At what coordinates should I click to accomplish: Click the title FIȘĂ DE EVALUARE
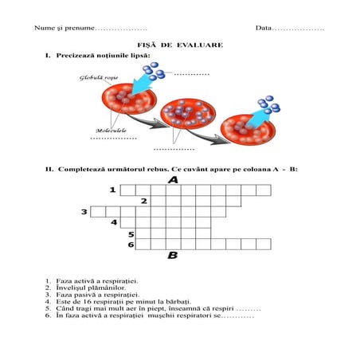(180, 45)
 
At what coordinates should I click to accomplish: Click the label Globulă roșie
(99, 78)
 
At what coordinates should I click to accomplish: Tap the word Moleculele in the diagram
(111, 131)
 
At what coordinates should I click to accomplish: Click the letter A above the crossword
(173, 180)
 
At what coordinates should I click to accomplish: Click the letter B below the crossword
(173, 256)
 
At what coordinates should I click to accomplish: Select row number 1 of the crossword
(113, 190)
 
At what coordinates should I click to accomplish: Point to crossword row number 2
(144, 201)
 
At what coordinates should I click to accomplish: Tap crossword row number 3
(84, 212)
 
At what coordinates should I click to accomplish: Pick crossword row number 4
(114, 222)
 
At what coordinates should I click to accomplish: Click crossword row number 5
(131, 234)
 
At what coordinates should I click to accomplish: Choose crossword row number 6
(131, 245)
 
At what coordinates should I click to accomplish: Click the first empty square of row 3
(98, 212)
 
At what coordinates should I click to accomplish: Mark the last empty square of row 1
(264, 190)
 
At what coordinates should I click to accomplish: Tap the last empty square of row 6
(264, 244)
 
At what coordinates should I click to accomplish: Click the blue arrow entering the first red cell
(143, 84)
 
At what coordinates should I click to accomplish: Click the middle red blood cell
(188, 114)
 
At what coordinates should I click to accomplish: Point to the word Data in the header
(264, 28)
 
